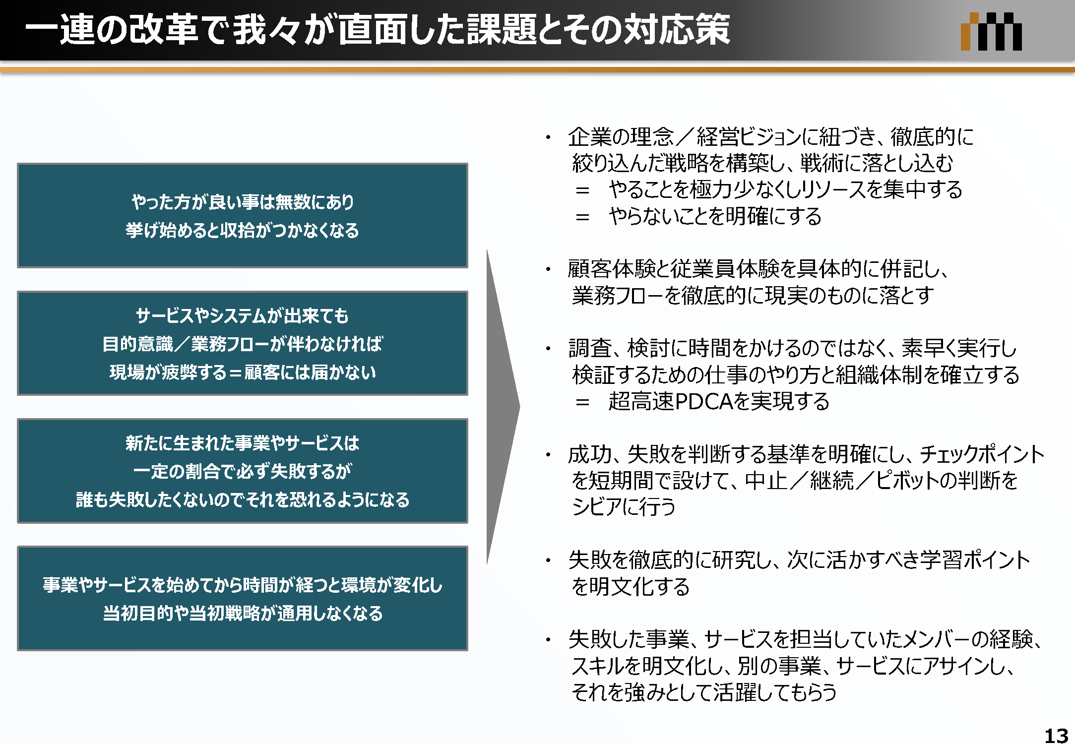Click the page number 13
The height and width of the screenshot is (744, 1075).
point(1056,735)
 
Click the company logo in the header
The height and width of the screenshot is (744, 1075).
point(991,31)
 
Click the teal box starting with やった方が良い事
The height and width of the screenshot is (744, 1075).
point(243,216)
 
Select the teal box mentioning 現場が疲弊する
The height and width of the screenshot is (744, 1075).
point(243,343)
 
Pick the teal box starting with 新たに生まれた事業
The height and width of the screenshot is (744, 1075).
point(243,471)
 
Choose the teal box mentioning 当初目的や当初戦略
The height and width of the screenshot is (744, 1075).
point(243,598)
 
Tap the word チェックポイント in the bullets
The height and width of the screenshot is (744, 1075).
point(982,454)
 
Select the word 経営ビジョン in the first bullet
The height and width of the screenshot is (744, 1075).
point(749,137)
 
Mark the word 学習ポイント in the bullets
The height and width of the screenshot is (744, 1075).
point(975,560)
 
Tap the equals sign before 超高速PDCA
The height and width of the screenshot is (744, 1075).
point(582,402)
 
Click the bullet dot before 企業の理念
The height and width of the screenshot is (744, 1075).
point(548,137)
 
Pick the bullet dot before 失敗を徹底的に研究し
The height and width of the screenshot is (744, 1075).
point(548,560)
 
